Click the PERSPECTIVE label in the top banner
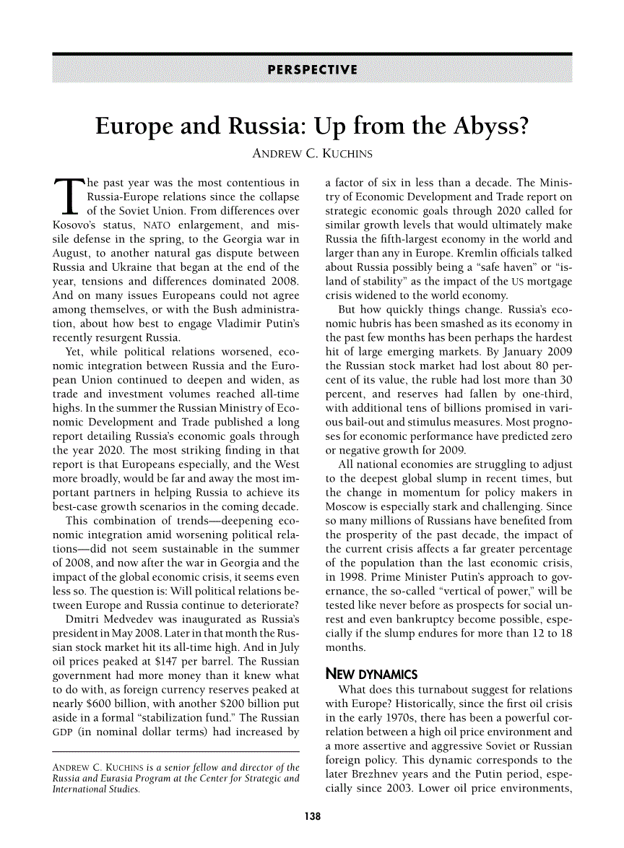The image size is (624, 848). [x=312, y=70]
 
